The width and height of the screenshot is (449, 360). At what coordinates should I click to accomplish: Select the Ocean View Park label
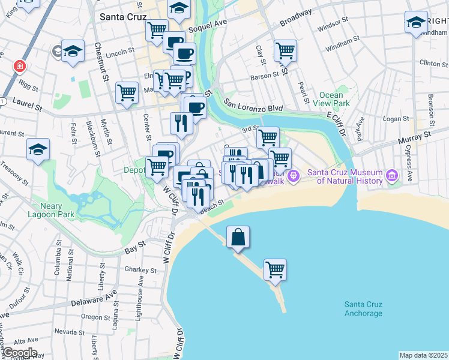coord(331,99)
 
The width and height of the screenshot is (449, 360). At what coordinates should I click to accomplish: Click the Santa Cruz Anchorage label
coord(363,309)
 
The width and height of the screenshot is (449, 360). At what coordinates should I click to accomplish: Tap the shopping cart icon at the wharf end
coord(275,269)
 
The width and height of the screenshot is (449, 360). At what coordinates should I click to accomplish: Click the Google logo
coord(19,353)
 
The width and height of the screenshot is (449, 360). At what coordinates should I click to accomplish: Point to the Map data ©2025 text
coord(423,355)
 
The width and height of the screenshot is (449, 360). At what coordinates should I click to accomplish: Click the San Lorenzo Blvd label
coord(253,106)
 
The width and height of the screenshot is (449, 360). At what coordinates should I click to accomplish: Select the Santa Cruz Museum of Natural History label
coord(345,176)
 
